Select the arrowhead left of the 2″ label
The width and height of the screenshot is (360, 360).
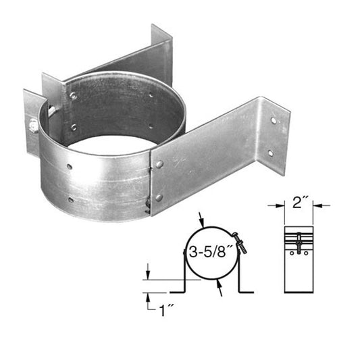[278, 205]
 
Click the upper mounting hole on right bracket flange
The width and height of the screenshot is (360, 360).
[274, 120]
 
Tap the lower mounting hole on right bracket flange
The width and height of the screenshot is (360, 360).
[269, 153]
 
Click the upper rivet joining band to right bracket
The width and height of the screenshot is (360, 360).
[159, 163]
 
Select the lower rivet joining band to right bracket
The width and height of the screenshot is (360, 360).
[159, 197]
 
